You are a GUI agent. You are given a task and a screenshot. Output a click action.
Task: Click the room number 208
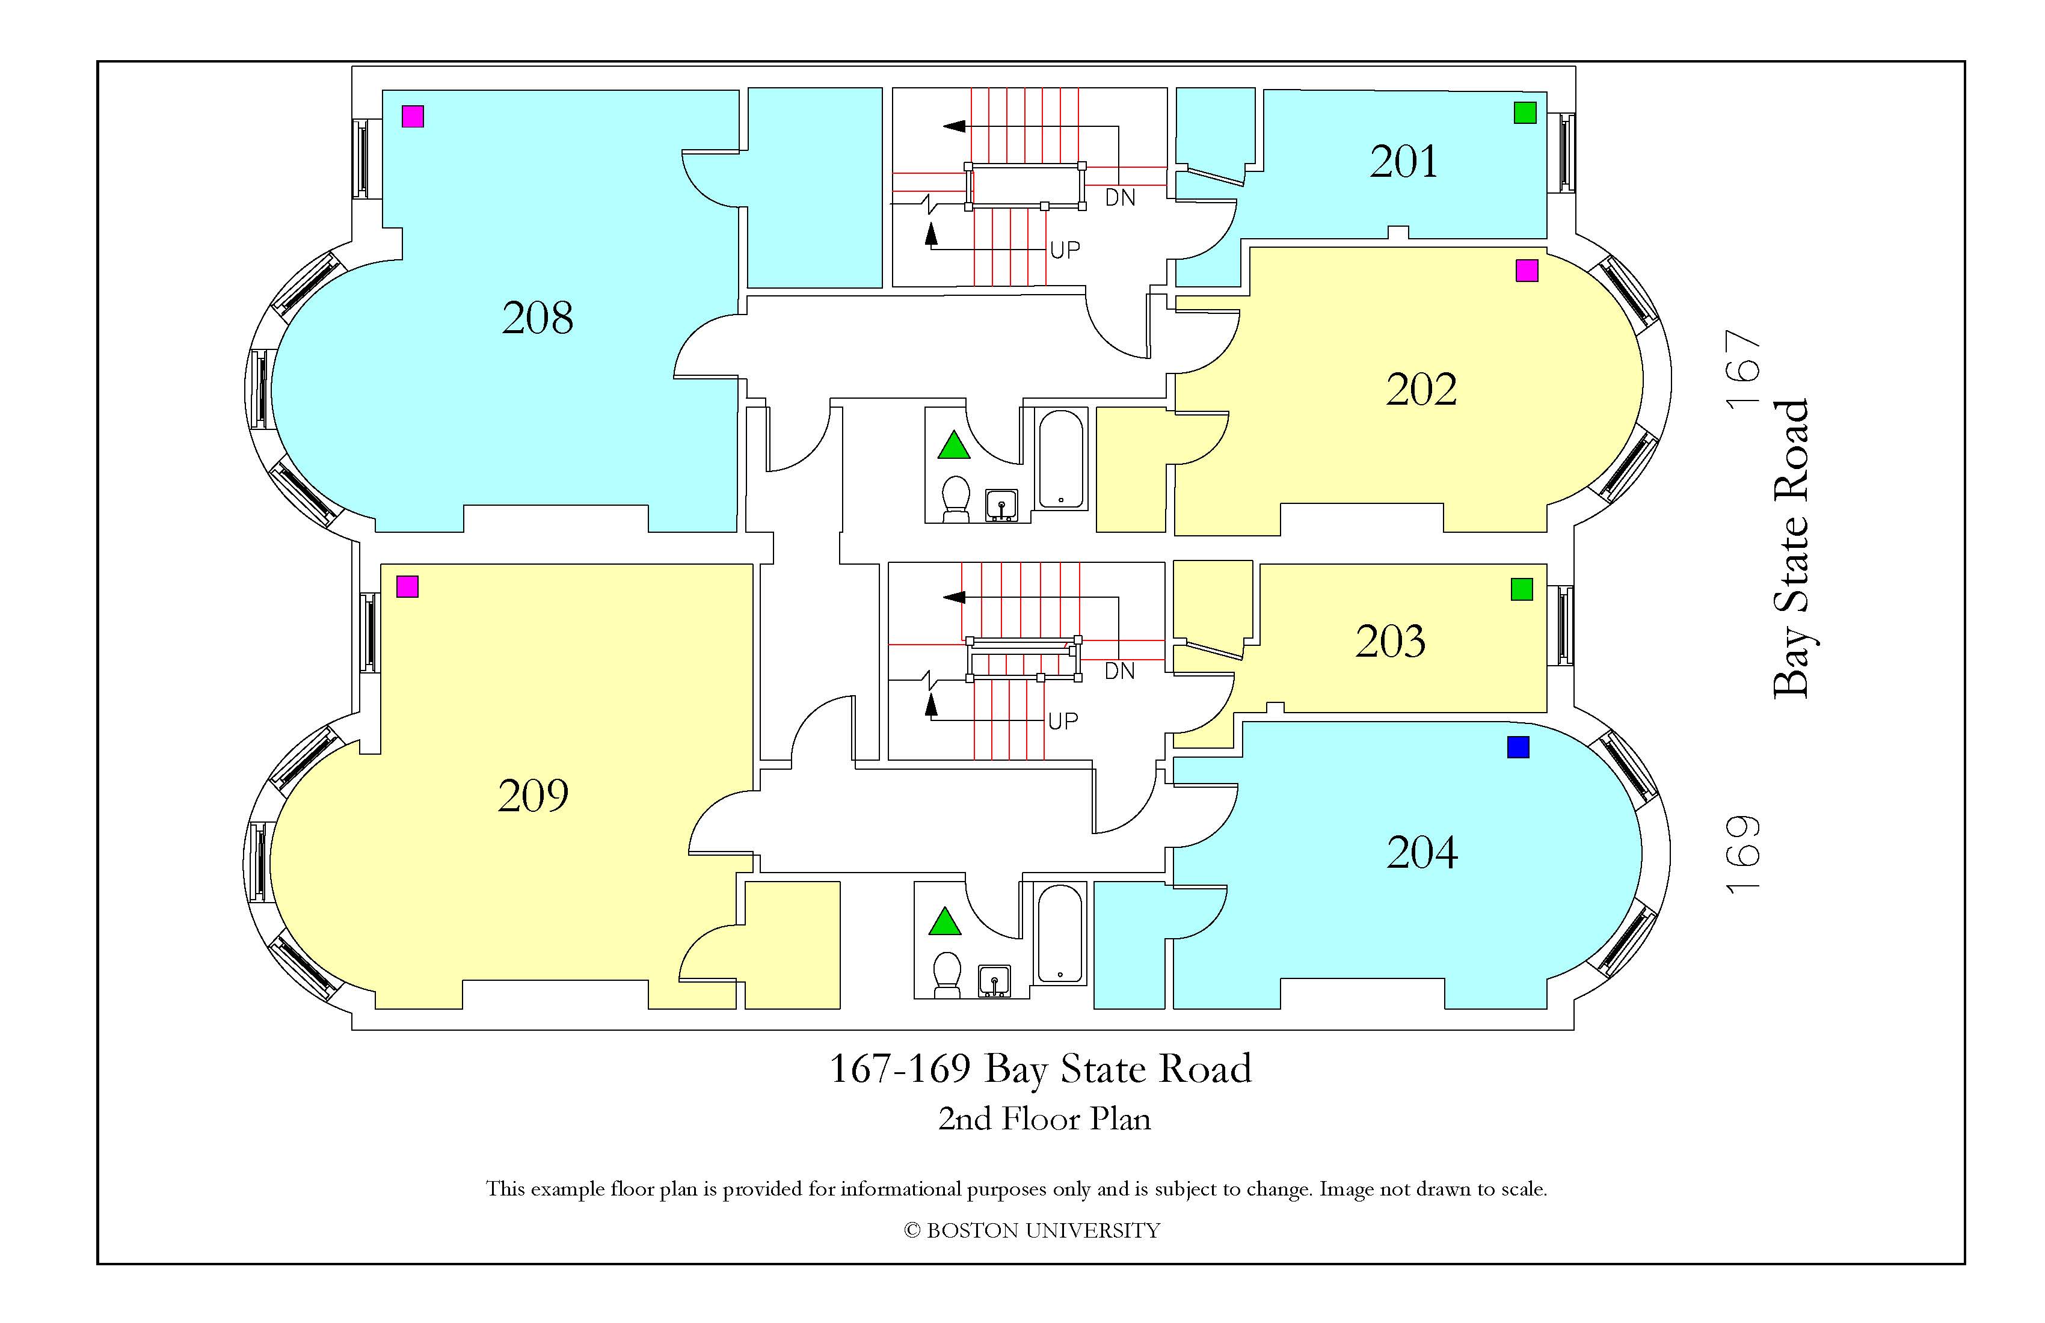(x=537, y=318)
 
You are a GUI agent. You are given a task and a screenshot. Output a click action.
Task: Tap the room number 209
(x=533, y=796)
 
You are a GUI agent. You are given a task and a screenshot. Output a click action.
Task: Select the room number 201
(x=1403, y=162)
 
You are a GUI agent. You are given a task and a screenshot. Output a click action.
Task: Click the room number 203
(x=1390, y=641)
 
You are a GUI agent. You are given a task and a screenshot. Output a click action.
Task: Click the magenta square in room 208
(x=413, y=116)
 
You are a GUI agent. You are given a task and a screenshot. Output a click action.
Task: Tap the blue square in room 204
(x=1518, y=747)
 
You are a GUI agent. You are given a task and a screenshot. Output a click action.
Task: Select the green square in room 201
(x=1525, y=112)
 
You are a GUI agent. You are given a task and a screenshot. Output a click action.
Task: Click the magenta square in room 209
(x=407, y=587)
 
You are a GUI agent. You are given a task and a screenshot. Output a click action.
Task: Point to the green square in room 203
(x=1522, y=589)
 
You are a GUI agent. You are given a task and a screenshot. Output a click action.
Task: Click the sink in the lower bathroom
(x=995, y=981)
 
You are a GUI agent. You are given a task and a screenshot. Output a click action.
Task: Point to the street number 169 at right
(x=1745, y=854)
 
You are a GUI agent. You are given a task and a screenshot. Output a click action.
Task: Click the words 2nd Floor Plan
(x=1044, y=1119)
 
